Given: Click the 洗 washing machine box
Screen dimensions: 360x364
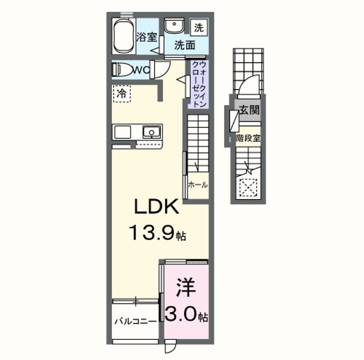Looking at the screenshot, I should pyautogui.click(x=200, y=27).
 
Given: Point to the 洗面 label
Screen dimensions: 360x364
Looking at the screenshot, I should pyautogui.click(x=185, y=44).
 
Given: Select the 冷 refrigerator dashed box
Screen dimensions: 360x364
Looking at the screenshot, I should pyautogui.click(x=121, y=93).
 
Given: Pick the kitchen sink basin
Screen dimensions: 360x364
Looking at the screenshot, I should pyautogui.click(x=151, y=132).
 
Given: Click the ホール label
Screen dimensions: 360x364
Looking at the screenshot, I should pyautogui.click(x=198, y=185).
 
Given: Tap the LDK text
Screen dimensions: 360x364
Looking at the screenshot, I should pyautogui.click(x=155, y=207).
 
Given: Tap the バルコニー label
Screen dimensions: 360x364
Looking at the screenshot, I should pyautogui.click(x=135, y=321).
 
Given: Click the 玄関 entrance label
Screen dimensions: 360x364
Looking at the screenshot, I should pyautogui.click(x=249, y=110).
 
